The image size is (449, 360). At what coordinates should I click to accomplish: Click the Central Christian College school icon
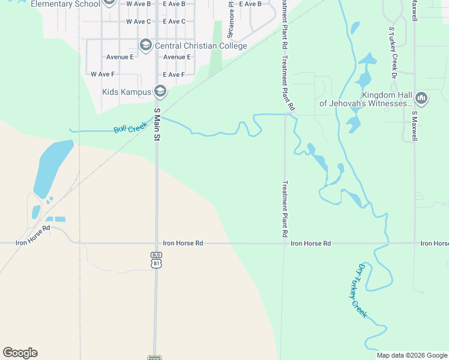click(145, 45)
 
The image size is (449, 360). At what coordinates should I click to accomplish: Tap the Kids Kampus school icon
click(160, 92)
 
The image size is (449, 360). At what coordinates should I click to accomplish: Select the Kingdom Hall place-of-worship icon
click(421, 97)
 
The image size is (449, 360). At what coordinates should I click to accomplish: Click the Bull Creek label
click(130, 128)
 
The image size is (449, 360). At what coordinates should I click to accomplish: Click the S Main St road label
click(158, 125)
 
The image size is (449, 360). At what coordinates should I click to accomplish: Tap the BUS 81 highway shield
click(156, 259)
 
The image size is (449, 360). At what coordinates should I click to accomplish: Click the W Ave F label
click(103, 74)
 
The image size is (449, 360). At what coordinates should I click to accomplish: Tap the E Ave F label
click(174, 74)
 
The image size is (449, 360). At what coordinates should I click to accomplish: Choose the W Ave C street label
click(139, 22)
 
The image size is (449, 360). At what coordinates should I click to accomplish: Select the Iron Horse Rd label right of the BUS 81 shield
click(183, 243)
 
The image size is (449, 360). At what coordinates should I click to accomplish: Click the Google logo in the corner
click(20, 353)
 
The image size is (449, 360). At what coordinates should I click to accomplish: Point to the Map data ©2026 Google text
click(411, 355)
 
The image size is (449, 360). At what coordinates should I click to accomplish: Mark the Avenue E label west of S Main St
click(120, 57)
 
